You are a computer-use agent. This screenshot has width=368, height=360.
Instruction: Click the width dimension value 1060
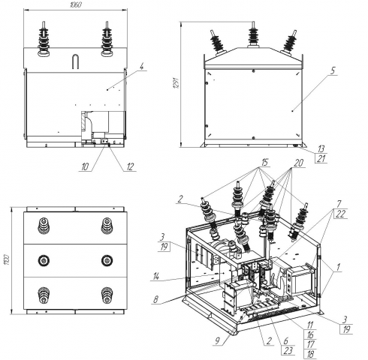[x=75, y=4]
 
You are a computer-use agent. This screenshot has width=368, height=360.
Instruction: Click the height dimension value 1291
[x=176, y=83]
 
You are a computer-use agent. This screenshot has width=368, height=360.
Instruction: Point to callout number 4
[x=142, y=67]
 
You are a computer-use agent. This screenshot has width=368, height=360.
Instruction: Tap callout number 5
[x=333, y=71]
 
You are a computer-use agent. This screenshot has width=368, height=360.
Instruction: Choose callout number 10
[x=85, y=166]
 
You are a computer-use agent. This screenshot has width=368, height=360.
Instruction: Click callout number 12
[x=130, y=166]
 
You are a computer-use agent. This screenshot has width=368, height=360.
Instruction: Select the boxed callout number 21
[x=321, y=158]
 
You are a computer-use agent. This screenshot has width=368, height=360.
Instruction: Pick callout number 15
[x=264, y=163]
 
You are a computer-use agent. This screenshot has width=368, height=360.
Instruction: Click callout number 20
[x=298, y=163]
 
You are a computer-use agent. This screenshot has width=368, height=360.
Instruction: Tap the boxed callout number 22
[x=340, y=214]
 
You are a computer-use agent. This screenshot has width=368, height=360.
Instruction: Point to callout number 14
[x=156, y=277]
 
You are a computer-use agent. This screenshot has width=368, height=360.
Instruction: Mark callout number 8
[x=155, y=300]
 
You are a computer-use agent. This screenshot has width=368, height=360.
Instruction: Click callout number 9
[x=218, y=340]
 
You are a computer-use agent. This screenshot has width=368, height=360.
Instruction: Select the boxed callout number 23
[x=288, y=350]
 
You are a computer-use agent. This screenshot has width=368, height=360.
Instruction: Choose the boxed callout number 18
[x=310, y=354]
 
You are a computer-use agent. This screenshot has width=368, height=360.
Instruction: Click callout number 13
[x=321, y=149]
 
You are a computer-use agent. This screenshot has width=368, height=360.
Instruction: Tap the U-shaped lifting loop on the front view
[x=76, y=61]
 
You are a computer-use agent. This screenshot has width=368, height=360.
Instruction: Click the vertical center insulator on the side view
[x=253, y=34]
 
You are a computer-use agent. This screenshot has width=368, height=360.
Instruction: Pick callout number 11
[x=310, y=325]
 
